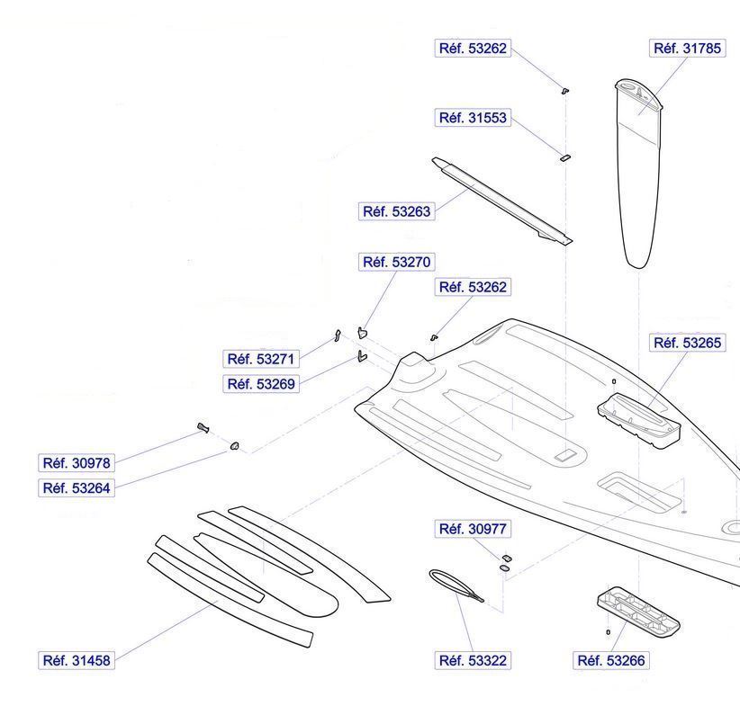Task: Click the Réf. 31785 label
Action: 687,49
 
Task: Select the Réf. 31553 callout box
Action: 473,118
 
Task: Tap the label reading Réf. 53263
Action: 397,212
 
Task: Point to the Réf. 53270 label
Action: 397,263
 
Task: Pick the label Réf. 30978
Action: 77,463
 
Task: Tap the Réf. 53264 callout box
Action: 77,488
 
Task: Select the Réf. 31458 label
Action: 77,661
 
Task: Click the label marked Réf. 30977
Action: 473,530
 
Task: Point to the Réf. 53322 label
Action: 473,661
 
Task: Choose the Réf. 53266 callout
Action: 611,661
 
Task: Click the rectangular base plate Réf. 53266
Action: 638,613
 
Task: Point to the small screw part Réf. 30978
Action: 203,426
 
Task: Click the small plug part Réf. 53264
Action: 235,444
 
